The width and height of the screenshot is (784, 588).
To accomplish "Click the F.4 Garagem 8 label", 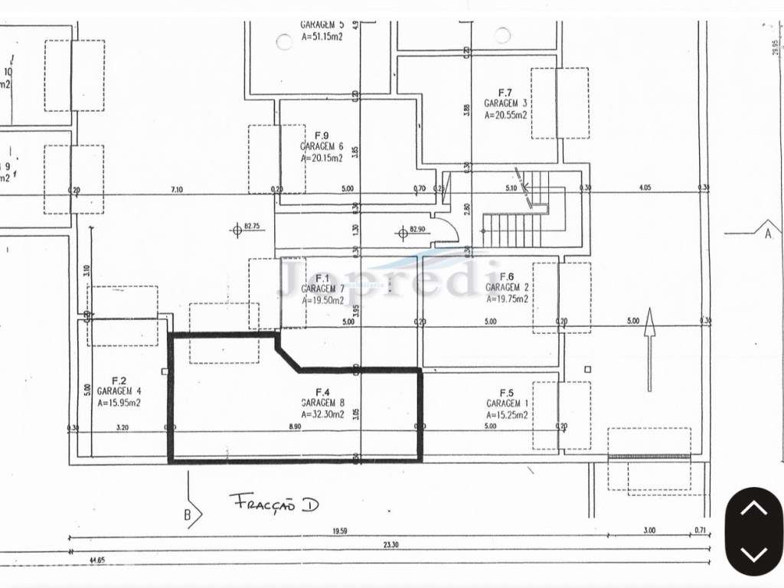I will coord(322,396).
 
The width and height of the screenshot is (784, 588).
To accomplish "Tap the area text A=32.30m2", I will coord(322,414).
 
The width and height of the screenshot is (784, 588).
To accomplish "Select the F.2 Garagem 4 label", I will coord(119,390).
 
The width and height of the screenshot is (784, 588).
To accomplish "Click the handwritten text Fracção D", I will coord(274,503).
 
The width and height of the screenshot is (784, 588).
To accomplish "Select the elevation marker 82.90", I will coord(416,229).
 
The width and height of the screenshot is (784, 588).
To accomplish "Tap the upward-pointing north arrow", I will coord(649,348).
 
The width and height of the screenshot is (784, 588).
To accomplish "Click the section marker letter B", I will coord(187,515).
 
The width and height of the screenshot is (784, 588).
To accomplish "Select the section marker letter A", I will coord(767,234).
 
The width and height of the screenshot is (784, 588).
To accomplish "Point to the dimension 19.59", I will coord(339,530).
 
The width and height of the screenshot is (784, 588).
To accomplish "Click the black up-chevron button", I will coord(754,508).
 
